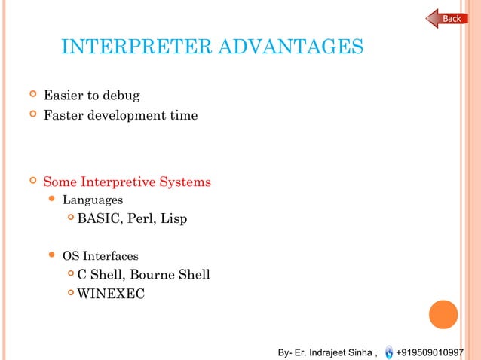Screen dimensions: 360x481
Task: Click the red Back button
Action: pos(448,18)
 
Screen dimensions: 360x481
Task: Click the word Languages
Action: pos(92,200)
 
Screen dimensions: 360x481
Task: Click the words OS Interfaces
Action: pos(100,256)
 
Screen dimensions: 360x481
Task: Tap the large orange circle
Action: pos(443,315)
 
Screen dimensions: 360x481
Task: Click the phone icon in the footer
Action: pos(388,352)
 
